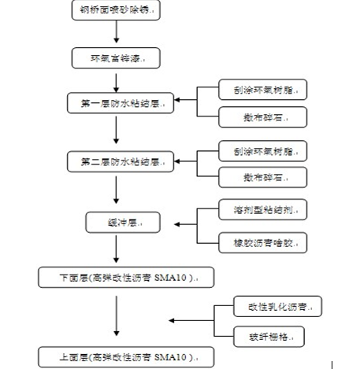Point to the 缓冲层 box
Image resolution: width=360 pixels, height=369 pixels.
tap(116, 223)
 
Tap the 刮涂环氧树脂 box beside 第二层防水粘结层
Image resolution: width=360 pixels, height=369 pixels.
tap(261, 150)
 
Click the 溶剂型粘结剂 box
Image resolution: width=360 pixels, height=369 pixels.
tap(261, 210)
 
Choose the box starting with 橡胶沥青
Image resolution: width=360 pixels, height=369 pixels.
tap(261, 242)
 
